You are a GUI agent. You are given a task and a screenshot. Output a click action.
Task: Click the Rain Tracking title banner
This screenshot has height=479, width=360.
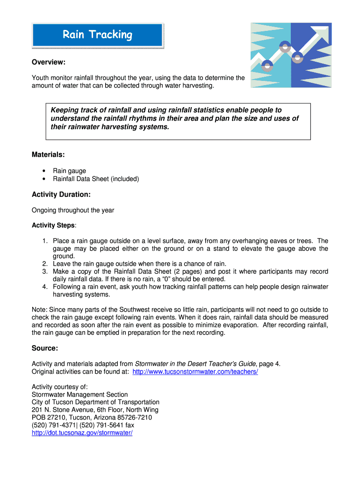pyautogui.click(x=97, y=35)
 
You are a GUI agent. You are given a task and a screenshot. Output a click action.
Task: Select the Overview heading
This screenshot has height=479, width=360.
pyautogui.click(x=48, y=62)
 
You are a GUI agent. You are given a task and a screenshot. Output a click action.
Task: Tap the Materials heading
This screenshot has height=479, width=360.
pyautogui.click(x=48, y=154)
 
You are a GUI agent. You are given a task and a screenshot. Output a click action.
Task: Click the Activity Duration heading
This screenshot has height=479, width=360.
pyautogui.click(x=61, y=194)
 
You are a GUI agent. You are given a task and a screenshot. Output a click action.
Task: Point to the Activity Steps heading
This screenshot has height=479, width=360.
pyautogui.click(x=53, y=225)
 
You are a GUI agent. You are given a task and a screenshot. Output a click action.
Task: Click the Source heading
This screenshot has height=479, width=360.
pyautogui.click(x=44, y=348)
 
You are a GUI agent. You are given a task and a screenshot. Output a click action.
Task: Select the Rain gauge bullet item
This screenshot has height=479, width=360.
pyautogui.click(x=69, y=171)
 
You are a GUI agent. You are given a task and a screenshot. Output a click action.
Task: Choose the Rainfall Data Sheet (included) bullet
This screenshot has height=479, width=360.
pyautogui.click(x=96, y=179)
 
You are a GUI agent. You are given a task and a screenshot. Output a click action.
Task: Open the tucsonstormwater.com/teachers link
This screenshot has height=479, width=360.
pyautogui.click(x=195, y=371)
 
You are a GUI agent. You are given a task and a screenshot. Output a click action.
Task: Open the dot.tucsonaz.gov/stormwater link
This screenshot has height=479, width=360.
pyautogui.click(x=82, y=433)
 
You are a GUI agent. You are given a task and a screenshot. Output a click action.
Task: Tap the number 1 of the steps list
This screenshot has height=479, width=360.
pyautogui.click(x=44, y=241)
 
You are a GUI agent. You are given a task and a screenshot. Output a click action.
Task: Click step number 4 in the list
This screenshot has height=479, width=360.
pyautogui.click(x=44, y=287)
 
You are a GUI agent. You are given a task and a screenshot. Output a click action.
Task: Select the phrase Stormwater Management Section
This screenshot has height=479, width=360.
pyautogui.click(x=79, y=394)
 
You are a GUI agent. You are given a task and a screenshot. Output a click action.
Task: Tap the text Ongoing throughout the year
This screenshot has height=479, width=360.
pyautogui.click(x=72, y=210)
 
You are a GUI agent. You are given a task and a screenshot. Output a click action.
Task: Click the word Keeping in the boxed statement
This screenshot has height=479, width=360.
pyautogui.click(x=65, y=110)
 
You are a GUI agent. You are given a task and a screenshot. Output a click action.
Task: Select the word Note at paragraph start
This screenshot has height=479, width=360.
pyautogui.click(x=39, y=310)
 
